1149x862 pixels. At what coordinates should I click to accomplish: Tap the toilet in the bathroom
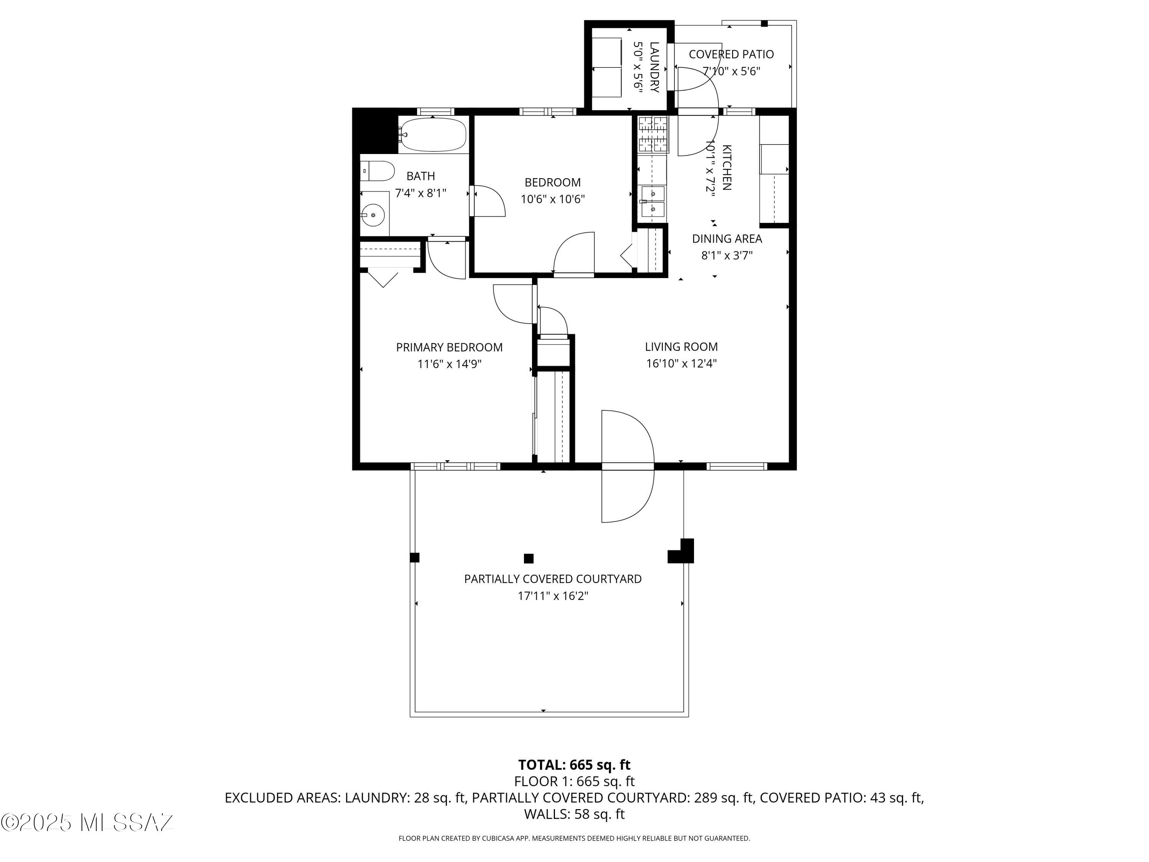[x=378, y=170]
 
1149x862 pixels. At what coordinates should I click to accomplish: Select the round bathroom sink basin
[x=372, y=215]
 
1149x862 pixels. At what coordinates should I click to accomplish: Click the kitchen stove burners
[x=652, y=134]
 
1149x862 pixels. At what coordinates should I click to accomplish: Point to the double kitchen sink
[x=652, y=202]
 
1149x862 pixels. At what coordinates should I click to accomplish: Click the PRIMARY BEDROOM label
[x=449, y=347]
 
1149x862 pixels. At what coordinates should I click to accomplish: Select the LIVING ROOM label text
[x=681, y=347]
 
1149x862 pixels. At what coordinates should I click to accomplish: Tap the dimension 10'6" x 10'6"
[x=553, y=199]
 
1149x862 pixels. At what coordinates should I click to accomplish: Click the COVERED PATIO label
[x=731, y=54]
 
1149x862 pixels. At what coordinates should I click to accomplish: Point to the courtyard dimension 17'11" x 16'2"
[x=553, y=595]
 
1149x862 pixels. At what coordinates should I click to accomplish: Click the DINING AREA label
[x=727, y=239]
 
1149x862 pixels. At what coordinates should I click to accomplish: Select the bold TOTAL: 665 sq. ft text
[x=574, y=764]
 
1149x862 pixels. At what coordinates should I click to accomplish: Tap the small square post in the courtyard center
[x=528, y=559]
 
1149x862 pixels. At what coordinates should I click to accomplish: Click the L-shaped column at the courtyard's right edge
[x=683, y=553]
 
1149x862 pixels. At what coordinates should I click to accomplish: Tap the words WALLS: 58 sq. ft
[x=574, y=814]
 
